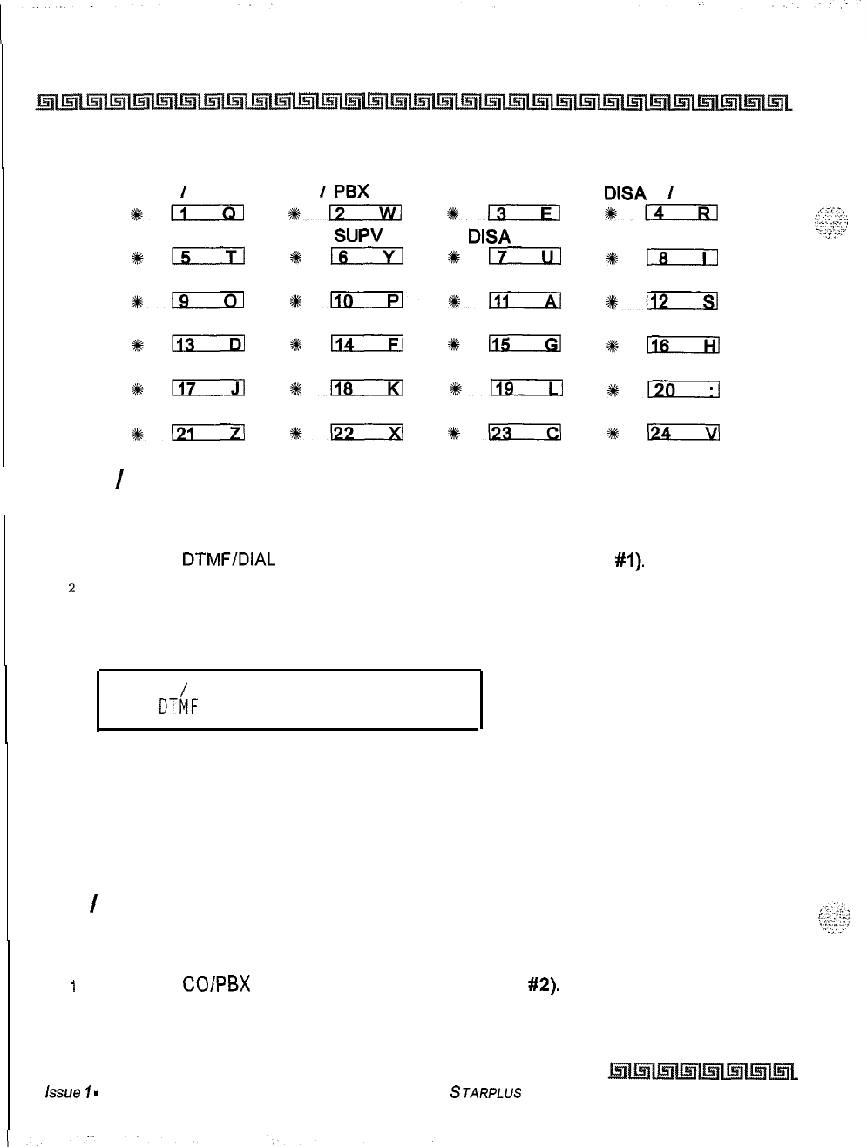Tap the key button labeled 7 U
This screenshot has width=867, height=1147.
(525, 257)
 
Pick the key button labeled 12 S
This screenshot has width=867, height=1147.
(682, 301)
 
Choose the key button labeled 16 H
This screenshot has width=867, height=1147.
(682, 346)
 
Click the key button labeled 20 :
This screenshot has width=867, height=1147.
(682, 389)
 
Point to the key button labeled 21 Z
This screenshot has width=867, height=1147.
(207, 433)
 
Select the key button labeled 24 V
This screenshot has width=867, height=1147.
(682, 433)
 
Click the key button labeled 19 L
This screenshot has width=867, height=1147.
(525, 389)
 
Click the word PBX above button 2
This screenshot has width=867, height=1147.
(351, 192)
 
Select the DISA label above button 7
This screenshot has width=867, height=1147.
(489, 236)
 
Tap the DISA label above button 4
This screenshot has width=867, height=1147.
(625, 192)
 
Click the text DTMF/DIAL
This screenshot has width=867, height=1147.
(228, 560)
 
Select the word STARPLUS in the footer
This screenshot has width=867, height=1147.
(486, 1092)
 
